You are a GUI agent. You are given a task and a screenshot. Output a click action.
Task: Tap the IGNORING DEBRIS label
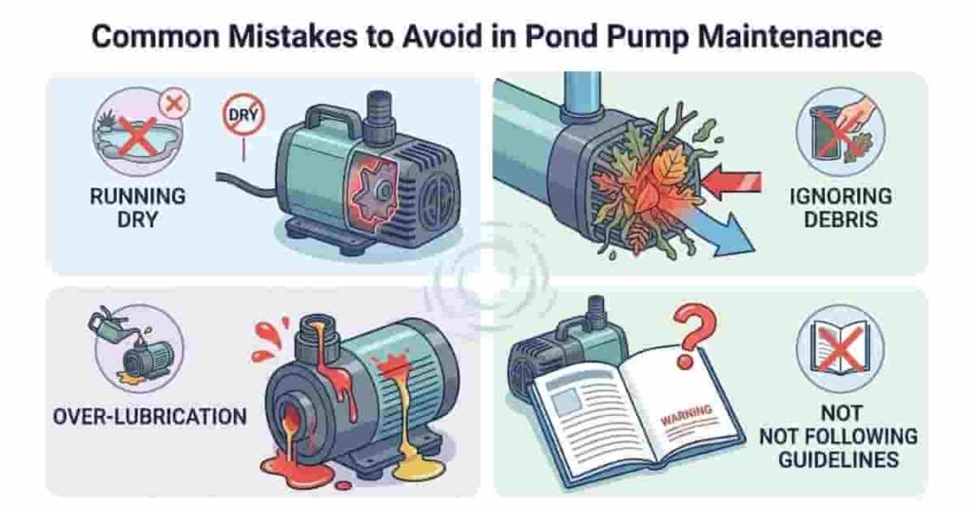coord(841,208)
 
